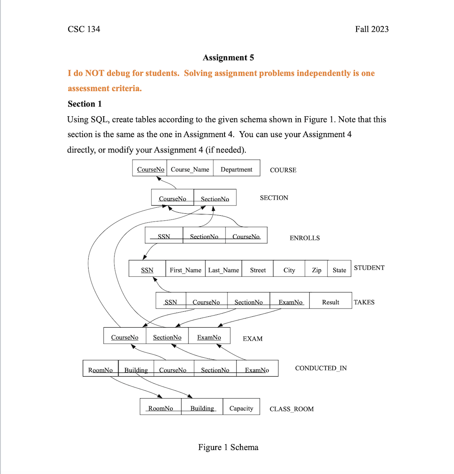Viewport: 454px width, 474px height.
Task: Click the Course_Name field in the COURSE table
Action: coord(190,169)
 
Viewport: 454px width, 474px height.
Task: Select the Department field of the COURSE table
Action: coord(237,169)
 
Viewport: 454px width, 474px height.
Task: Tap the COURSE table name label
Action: coord(283,170)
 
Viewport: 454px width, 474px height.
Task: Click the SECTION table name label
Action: coord(274,198)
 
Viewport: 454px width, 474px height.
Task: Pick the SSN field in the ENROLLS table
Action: coord(164,236)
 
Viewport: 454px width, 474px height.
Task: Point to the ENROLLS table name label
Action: coord(304,238)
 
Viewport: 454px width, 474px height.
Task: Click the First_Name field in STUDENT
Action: coord(186,270)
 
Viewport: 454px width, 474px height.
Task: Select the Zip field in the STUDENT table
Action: coord(316,270)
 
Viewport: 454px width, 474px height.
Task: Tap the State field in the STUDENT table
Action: coord(339,270)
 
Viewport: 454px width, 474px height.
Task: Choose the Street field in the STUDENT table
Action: coord(258,270)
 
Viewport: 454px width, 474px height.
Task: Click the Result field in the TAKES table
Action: coord(331,302)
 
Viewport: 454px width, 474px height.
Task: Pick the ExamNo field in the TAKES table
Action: coord(291,302)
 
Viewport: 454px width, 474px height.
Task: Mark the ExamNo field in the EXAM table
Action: coord(209,337)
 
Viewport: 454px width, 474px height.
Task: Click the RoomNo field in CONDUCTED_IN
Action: coord(100,370)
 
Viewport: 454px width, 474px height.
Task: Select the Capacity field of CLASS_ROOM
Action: coord(241,408)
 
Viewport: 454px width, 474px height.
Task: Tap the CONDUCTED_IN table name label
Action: coord(321,368)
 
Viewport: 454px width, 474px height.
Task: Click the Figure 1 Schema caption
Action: coord(228,447)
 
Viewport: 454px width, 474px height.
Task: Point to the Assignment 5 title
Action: coord(228,58)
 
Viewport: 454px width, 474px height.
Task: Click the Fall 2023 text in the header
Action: coord(372,29)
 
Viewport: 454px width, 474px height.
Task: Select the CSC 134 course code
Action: coord(84,29)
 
